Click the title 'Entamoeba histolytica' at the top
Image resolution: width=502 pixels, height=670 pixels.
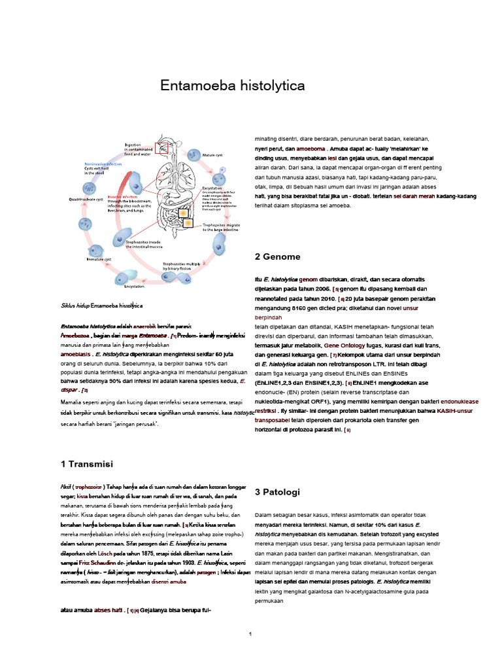233,86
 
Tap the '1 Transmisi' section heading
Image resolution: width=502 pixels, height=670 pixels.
86,464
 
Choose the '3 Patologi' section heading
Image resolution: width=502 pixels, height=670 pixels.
277,491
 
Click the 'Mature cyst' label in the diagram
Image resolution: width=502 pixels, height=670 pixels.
212,155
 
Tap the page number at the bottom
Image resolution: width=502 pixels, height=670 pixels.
250,634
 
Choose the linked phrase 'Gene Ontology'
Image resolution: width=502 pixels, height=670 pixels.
345,344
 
